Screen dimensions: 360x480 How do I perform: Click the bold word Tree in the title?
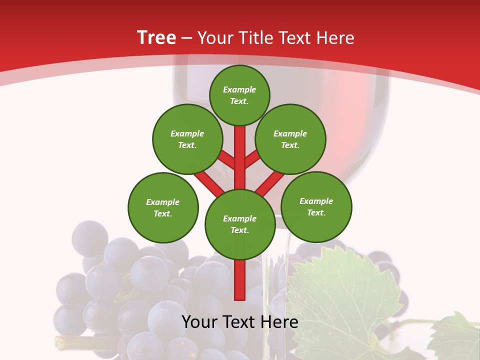(x=156, y=37)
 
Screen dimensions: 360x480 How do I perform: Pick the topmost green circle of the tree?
(x=239, y=95)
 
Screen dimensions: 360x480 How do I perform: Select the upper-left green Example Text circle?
(x=187, y=139)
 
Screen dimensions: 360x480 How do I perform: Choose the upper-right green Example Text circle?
(x=290, y=139)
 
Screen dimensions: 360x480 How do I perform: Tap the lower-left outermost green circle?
(x=163, y=207)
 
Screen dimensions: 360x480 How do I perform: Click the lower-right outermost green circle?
(x=316, y=206)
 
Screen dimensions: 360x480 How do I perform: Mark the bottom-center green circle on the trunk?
(x=240, y=224)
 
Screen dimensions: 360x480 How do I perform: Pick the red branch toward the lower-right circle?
(x=270, y=183)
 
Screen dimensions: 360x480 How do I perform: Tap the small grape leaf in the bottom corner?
(x=455, y=337)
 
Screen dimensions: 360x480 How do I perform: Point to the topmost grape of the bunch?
(x=89, y=238)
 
